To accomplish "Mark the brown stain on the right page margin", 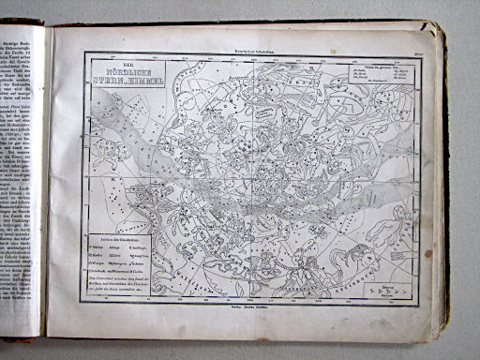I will click(x=427, y=253).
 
